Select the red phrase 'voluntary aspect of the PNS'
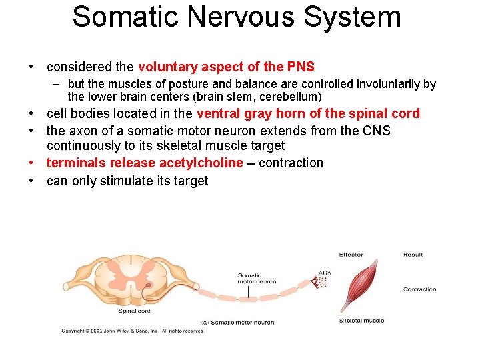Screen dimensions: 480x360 click(226, 67)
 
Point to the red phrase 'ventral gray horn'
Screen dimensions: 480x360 click(259, 113)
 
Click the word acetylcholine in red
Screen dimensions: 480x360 click(201, 163)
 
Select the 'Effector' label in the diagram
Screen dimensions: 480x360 click(351, 255)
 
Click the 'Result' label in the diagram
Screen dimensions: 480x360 click(413, 255)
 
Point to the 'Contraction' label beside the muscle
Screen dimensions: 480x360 click(419, 289)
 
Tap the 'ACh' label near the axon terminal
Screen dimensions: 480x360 click(325, 273)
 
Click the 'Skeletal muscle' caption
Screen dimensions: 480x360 click(361, 321)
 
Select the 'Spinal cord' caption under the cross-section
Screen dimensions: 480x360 click(134, 311)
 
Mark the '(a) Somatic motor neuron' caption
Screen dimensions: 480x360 click(237, 323)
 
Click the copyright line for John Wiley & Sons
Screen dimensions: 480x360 click(133, 331)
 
